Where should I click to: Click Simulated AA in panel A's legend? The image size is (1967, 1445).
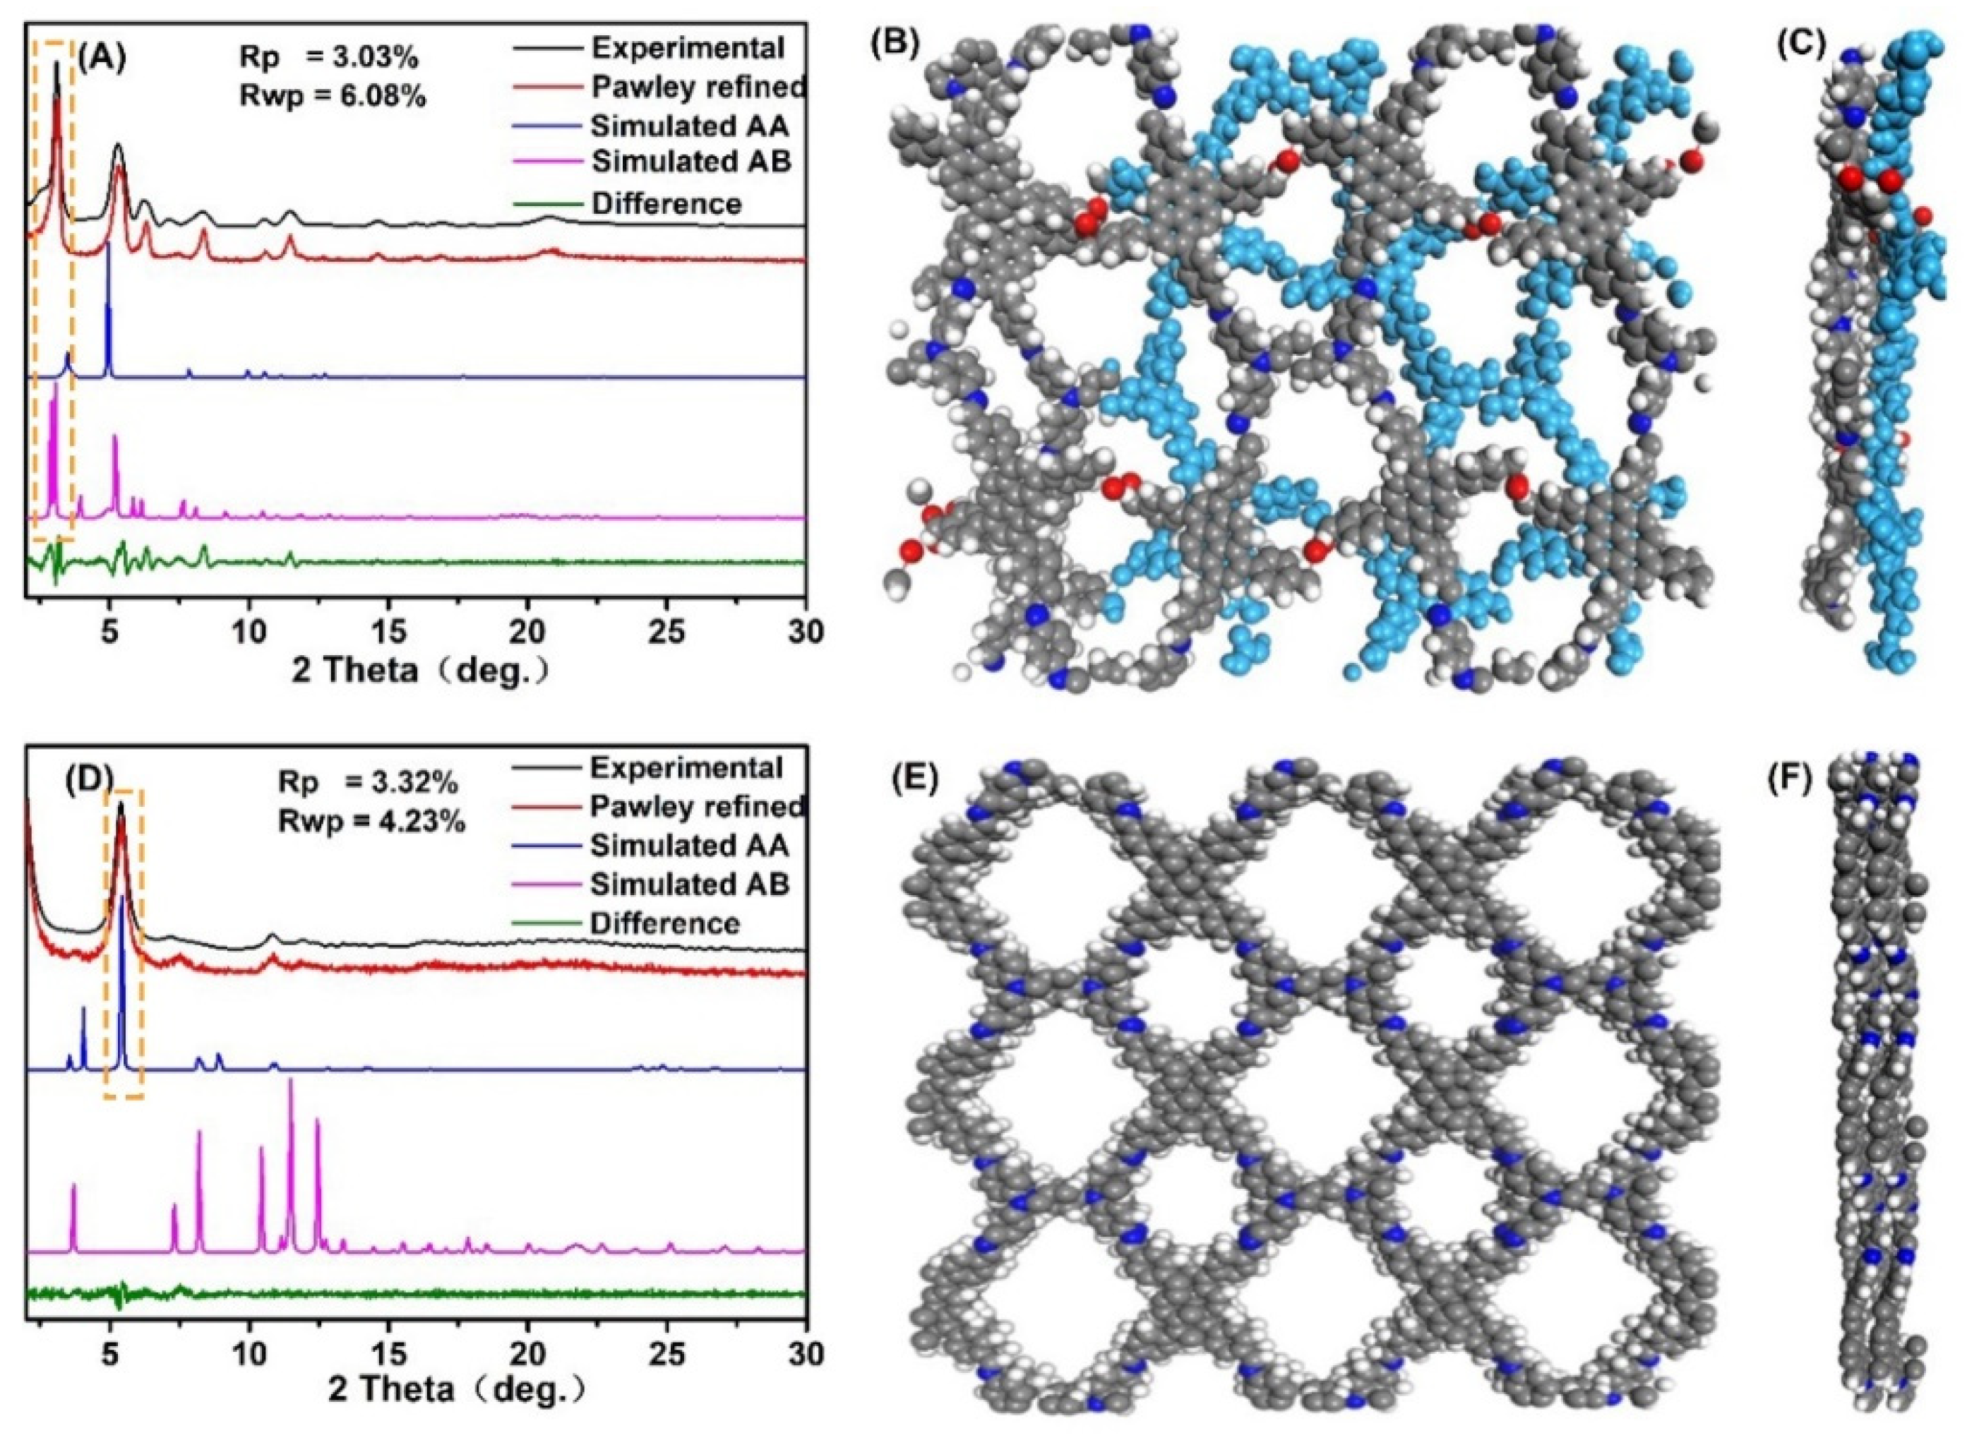[689, 126]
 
